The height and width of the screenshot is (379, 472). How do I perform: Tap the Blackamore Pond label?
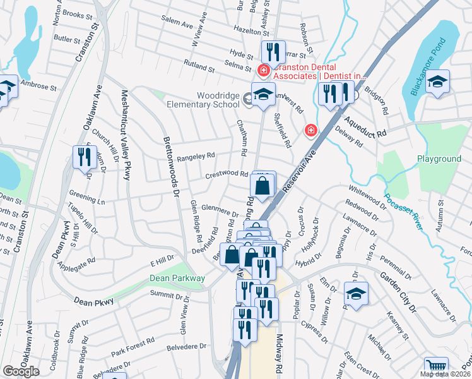(428, 67)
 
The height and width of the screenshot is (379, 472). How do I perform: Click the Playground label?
(439, 159)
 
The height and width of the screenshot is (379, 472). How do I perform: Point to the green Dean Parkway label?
(177, 278)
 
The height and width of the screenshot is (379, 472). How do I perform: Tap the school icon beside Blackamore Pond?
(437, 82)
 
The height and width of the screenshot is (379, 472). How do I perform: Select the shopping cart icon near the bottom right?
(436, 367)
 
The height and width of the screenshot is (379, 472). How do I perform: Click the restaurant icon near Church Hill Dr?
(84, 156)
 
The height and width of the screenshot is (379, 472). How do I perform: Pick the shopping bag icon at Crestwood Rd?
(262, 186)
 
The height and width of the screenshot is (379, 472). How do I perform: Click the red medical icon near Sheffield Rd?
(310, 131)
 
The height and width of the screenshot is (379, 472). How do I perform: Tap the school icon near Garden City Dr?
(356, 294)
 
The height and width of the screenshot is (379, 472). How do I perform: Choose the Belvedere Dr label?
(186, 347)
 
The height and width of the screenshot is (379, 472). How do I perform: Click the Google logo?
(21, 371)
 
